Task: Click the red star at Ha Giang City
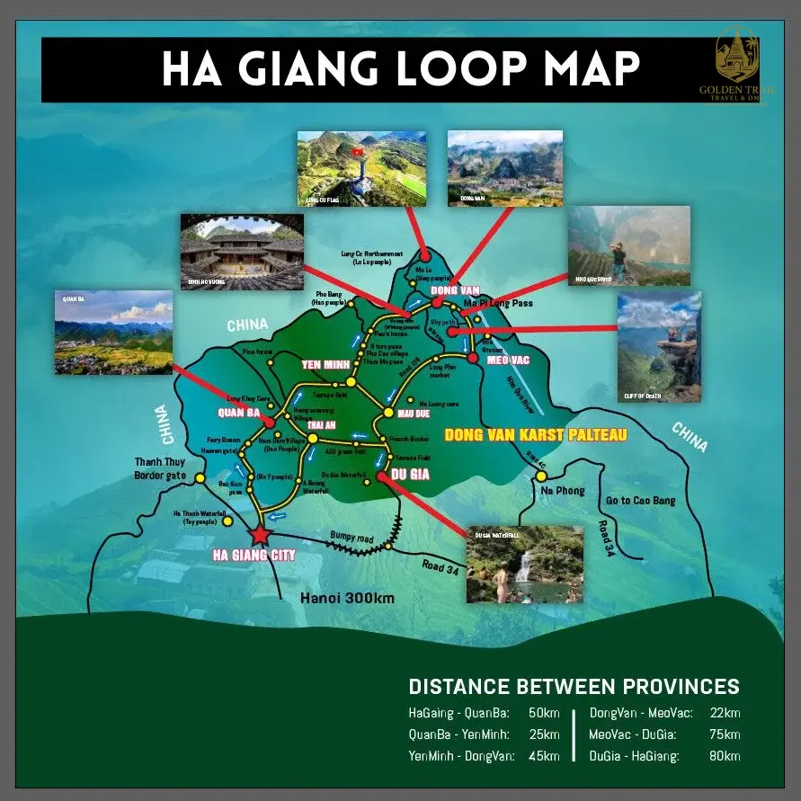coord(261,535)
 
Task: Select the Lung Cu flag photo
coord(361,169)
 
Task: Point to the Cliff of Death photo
coord(659,346)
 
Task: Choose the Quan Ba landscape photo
coord(113,332)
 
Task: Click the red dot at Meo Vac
coord(473,359)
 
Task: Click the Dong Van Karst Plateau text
coord(535,435)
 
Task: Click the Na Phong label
coord(563,491)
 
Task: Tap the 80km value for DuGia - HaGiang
coord(723,756)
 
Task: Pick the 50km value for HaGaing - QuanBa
coord(543,714)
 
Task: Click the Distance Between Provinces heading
coord(574,687)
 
